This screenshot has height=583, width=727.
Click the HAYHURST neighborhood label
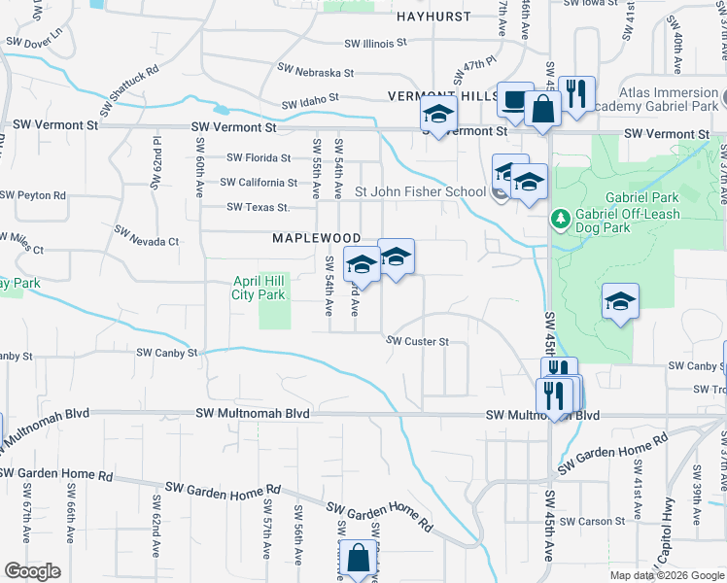coord(433,17)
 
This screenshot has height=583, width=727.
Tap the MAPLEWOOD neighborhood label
coord(316,238)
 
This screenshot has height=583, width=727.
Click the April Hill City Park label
coord(259,288)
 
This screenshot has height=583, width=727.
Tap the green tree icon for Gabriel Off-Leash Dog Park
coord(560,217)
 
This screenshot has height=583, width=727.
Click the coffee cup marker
coord(514,99)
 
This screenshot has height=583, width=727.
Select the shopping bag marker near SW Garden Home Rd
coord(358,559)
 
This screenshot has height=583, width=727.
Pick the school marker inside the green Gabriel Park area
coord(619,302)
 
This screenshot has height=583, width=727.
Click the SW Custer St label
coord(417,341)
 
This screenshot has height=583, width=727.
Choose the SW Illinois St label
coord(375,43)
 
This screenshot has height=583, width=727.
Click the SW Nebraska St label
coord(315,72)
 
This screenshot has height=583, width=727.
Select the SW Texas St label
coord(259,207)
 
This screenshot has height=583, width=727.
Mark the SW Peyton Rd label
coord(33,195)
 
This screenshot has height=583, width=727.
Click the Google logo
coord(32,570)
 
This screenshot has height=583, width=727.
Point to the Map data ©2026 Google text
coord(667,575)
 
